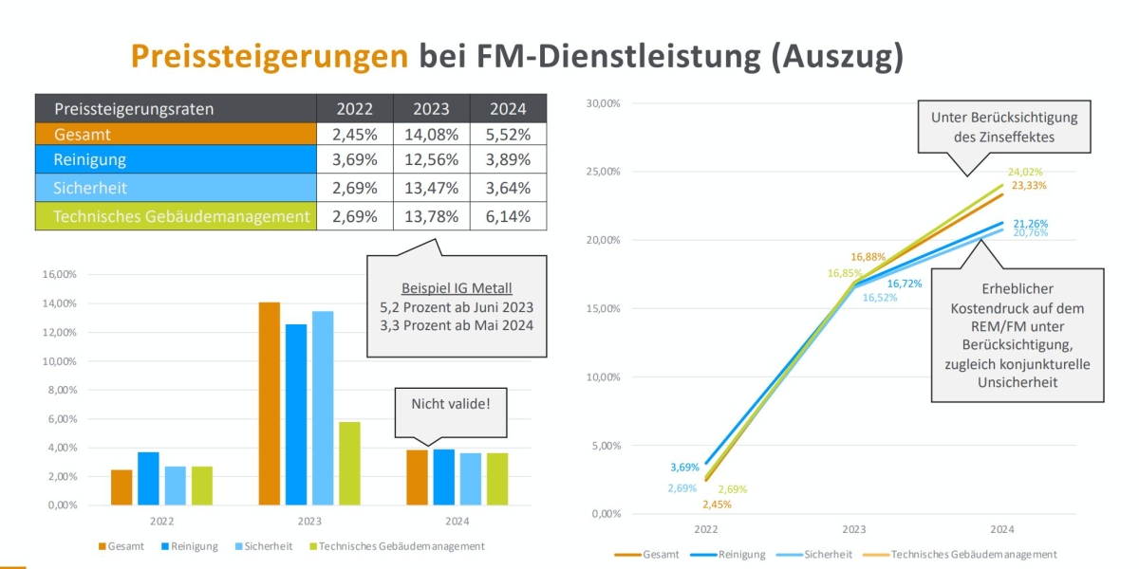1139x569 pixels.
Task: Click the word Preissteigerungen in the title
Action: (270, 57)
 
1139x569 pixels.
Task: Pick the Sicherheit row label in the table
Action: (91, 188)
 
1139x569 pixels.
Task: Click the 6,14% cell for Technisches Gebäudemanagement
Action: (511, 216)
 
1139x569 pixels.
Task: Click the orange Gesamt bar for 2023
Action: (270, 403)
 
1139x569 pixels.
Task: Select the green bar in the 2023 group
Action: (349, 463)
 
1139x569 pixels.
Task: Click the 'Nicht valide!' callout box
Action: (452, 404)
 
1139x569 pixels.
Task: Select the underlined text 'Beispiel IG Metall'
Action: (456, 287)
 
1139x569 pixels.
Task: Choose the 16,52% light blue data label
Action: (878, 298)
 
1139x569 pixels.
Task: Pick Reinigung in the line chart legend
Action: (740, 554)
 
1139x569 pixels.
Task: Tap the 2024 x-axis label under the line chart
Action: (1001, 529)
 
